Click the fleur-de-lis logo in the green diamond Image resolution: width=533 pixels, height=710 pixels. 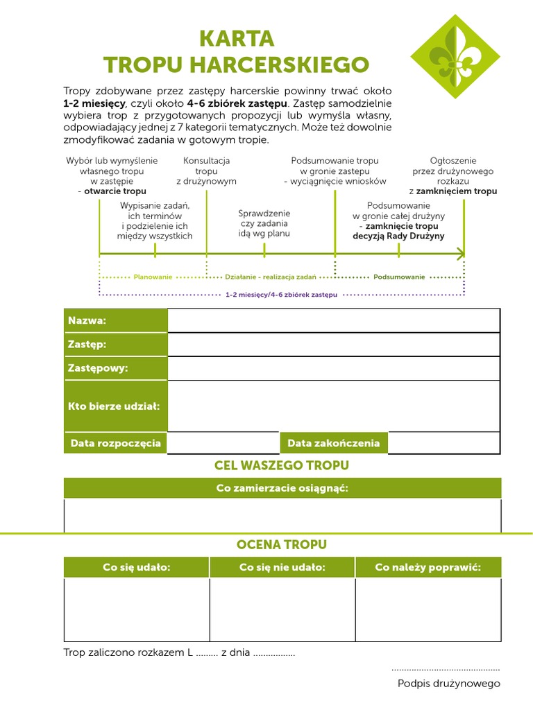coord(455,57)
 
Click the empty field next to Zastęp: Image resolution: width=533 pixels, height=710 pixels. coord(333,345)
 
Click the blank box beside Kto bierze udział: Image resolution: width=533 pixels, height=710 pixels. coord(333,406)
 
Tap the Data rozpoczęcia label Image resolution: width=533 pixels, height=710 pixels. coord(115,443)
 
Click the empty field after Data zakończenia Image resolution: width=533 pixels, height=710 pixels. coord(444,443)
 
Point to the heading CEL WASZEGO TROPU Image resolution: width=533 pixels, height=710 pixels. coord(282,465)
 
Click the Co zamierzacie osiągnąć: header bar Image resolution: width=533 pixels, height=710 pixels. coord(282,488)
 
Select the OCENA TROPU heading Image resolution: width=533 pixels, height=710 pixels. coord(282,545)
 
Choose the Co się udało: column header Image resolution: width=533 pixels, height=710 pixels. coord(136,567)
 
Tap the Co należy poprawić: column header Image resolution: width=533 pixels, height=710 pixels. coord(428,567)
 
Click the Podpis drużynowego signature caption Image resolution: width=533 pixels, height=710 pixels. coord(448,684)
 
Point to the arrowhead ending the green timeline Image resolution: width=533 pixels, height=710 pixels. coord(460,255)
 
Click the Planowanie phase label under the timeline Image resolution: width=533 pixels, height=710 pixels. coord(153,277)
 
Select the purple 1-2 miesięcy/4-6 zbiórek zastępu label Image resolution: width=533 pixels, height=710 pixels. coord(282,295)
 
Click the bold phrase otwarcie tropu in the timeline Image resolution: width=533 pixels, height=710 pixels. coord(115,191)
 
